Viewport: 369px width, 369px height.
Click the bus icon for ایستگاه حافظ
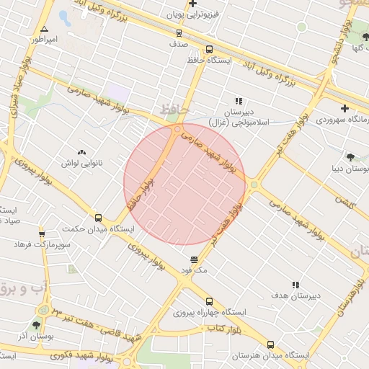[x=209, y=49]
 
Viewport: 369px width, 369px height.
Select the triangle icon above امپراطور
[x=44, y=29]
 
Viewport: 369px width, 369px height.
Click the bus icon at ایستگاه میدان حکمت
[x=98, y=218]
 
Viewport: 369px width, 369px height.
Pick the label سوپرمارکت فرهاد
[x=42, y=245]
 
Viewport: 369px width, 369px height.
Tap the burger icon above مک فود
[x=194, y=259]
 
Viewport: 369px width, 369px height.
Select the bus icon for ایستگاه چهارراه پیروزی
[x=209, y=301]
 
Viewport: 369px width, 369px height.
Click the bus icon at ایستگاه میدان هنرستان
[x=270, y=344]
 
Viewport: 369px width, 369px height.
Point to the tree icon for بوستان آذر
[x=36, y=326]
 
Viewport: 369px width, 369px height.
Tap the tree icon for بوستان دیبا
[x=350, y=157]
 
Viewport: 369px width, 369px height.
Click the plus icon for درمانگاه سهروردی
[x=344, y=107]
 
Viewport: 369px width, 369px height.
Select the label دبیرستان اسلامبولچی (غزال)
[x=239, y=117]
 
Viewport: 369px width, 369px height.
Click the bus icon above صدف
[x=179, y=32]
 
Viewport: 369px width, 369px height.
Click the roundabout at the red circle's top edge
[x=177, y=130]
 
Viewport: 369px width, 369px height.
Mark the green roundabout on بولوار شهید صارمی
[x=254, y=185]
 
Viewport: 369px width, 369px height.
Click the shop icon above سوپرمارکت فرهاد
[x=42, y=234]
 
